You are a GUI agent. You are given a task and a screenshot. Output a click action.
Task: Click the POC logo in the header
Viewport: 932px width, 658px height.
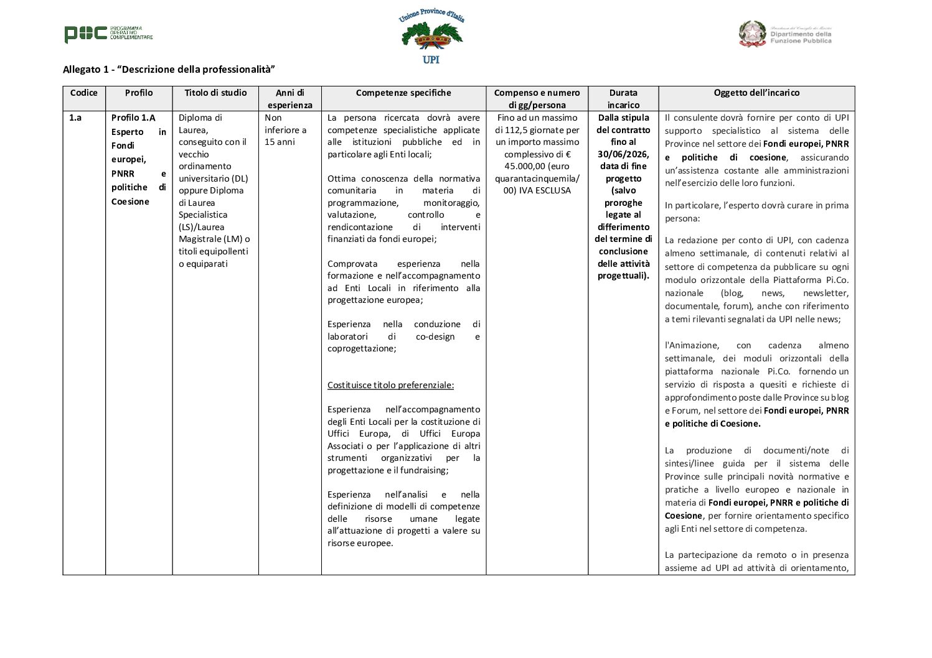pyautogui.click(x=108, y=34)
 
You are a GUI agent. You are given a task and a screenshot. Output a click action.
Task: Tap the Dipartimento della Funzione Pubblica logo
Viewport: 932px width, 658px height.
pyautogui.click(x=785, y=34)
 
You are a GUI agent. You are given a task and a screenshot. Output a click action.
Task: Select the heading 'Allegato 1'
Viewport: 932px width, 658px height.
pyautogui.click(x=169, y=69)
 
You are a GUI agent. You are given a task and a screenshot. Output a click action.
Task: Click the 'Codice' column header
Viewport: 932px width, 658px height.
pyautogui.click(x=84, y=93)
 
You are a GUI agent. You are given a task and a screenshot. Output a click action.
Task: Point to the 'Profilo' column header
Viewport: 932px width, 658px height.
pyautogui.click(x=139, y=93)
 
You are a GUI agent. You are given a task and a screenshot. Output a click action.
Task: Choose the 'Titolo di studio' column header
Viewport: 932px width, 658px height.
pyautogui.click(x=215, y=93)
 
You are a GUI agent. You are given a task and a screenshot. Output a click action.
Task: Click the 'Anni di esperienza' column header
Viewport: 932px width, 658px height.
pyautogui.click(x=289, y=99)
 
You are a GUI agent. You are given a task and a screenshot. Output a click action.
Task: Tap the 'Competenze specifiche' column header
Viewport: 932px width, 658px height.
pyautogui.click(x=403, y=93)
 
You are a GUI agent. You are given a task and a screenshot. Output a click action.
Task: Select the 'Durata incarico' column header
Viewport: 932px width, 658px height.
pyautogui.click(x=623, y=99)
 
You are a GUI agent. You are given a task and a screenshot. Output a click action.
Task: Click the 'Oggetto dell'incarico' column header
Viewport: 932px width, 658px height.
pyautogui.click(x=756, y=93)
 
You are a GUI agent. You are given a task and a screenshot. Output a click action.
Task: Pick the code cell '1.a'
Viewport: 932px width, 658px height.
pyautogui.click(x=75, y=118)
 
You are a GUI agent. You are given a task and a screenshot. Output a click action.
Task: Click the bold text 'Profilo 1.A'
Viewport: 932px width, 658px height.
pyautogui.click(x=133, y=118)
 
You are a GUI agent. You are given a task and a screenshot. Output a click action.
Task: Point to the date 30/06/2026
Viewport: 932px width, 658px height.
pyautogui.click(x=623, y=154)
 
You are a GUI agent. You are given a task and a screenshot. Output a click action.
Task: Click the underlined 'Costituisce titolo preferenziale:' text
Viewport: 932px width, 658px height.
pyautogui.click(x=390, y=385)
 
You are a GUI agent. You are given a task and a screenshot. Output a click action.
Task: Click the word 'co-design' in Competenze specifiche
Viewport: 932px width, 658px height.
pyautogui.click(x=435, y=336)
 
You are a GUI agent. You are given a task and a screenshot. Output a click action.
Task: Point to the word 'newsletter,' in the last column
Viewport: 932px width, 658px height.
pyautogui.click(x=825, y=293)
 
